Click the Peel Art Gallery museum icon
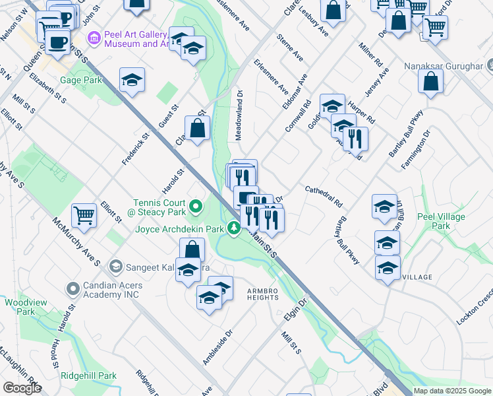[93, 38]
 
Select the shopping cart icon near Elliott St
[84, 214]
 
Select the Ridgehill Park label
[88, 376]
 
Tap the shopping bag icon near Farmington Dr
[430, 82]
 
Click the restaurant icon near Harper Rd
[355, 138]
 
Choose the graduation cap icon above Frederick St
[132, 81]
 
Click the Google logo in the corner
[22, 387]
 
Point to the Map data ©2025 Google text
[452, 391]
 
